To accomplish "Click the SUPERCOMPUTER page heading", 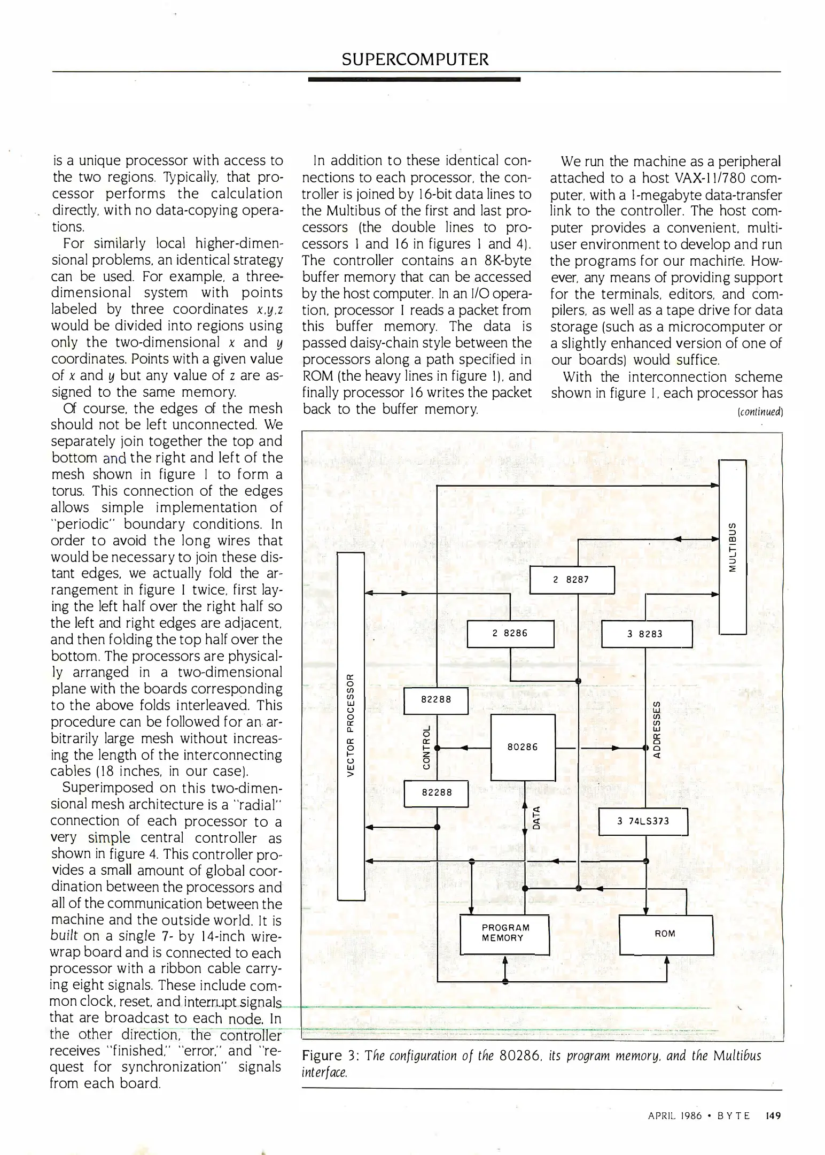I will click(415, 59).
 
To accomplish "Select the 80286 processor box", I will click(523, 747).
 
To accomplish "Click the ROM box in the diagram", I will click(666, 934).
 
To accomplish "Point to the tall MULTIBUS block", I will click(733, 546).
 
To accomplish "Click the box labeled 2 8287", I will click(572, 580).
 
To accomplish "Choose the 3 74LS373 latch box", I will click(643, 821).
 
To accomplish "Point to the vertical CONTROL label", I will click(426, 748).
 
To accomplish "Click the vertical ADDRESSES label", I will click(657, 730).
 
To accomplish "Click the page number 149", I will click(773, 1116).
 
